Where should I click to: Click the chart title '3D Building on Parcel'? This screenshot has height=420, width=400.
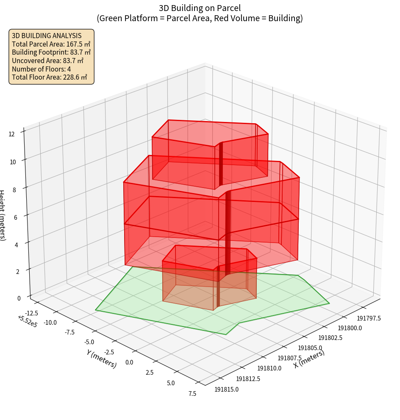200,8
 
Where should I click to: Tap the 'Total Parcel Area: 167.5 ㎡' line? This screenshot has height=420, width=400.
51,44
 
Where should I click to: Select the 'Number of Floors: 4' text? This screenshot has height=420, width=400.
42,69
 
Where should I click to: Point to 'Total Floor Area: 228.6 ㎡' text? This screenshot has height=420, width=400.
50,77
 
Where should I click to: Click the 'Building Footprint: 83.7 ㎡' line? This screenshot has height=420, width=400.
51,52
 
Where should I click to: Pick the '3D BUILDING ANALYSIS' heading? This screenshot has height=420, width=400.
47,36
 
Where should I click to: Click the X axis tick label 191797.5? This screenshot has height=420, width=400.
369,318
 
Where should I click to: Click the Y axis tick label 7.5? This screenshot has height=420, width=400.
192,393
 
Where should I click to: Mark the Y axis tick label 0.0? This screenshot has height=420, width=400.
129,362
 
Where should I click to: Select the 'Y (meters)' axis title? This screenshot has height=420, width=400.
101,358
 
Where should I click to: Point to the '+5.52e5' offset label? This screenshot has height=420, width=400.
27,321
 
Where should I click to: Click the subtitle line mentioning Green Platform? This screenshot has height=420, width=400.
200,18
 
